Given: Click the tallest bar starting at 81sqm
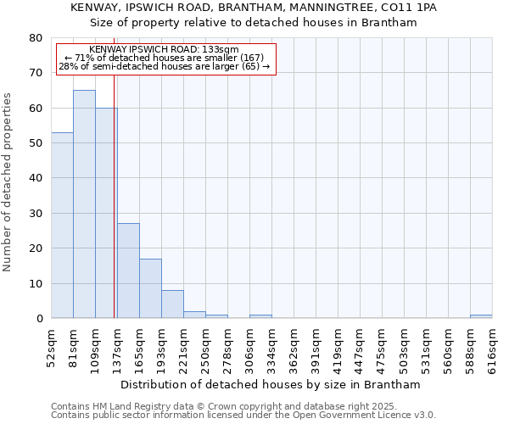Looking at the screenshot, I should [x=84, y=204].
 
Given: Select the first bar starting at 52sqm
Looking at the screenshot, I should [x=62, y=225].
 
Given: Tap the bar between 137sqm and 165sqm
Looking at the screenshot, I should [x=128, y=271].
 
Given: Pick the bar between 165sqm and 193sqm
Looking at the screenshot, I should [x=150, y=288].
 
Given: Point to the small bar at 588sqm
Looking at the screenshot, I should [x=481, y=316].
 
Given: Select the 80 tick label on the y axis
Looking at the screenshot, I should [x=35, y=38].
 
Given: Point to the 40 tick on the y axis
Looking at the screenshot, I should [x=35, y=178].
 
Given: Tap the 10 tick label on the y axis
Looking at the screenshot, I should [x=35, y=283].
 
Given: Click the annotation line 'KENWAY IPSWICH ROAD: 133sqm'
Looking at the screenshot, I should [x=164, y=50].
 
